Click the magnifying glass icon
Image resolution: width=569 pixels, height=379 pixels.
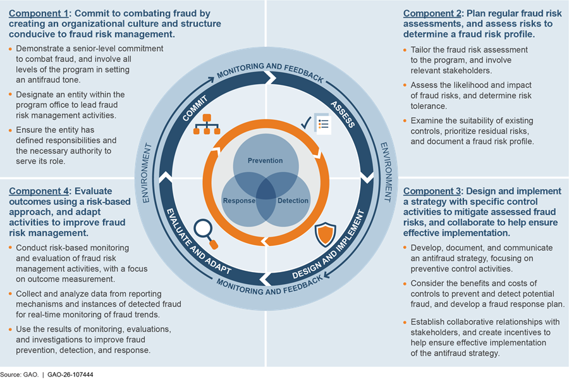(205, 232)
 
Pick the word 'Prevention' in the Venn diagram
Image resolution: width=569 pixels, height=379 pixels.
(265, 161)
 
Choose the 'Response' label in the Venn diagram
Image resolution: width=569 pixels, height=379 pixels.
(238, 201)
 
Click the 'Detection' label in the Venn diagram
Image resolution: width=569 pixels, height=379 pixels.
(293, 201)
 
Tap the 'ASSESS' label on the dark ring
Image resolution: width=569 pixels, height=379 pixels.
(342, 113)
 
